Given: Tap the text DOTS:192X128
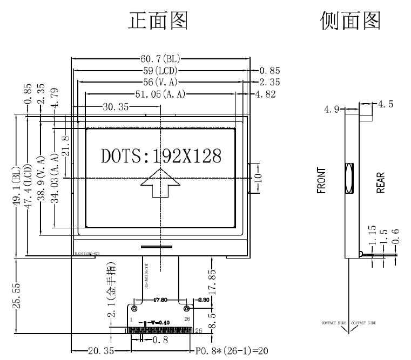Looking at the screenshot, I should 161,156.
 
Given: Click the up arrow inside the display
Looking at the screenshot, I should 161,185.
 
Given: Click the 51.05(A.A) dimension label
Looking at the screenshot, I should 160,94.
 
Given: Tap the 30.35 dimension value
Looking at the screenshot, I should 116,107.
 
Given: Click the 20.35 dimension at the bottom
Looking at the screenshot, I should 100,351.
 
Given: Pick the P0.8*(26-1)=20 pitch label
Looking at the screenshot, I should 231,351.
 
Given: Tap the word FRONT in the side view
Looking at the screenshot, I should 322,180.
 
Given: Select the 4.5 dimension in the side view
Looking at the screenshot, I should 386,105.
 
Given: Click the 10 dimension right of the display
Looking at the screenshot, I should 258,177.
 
